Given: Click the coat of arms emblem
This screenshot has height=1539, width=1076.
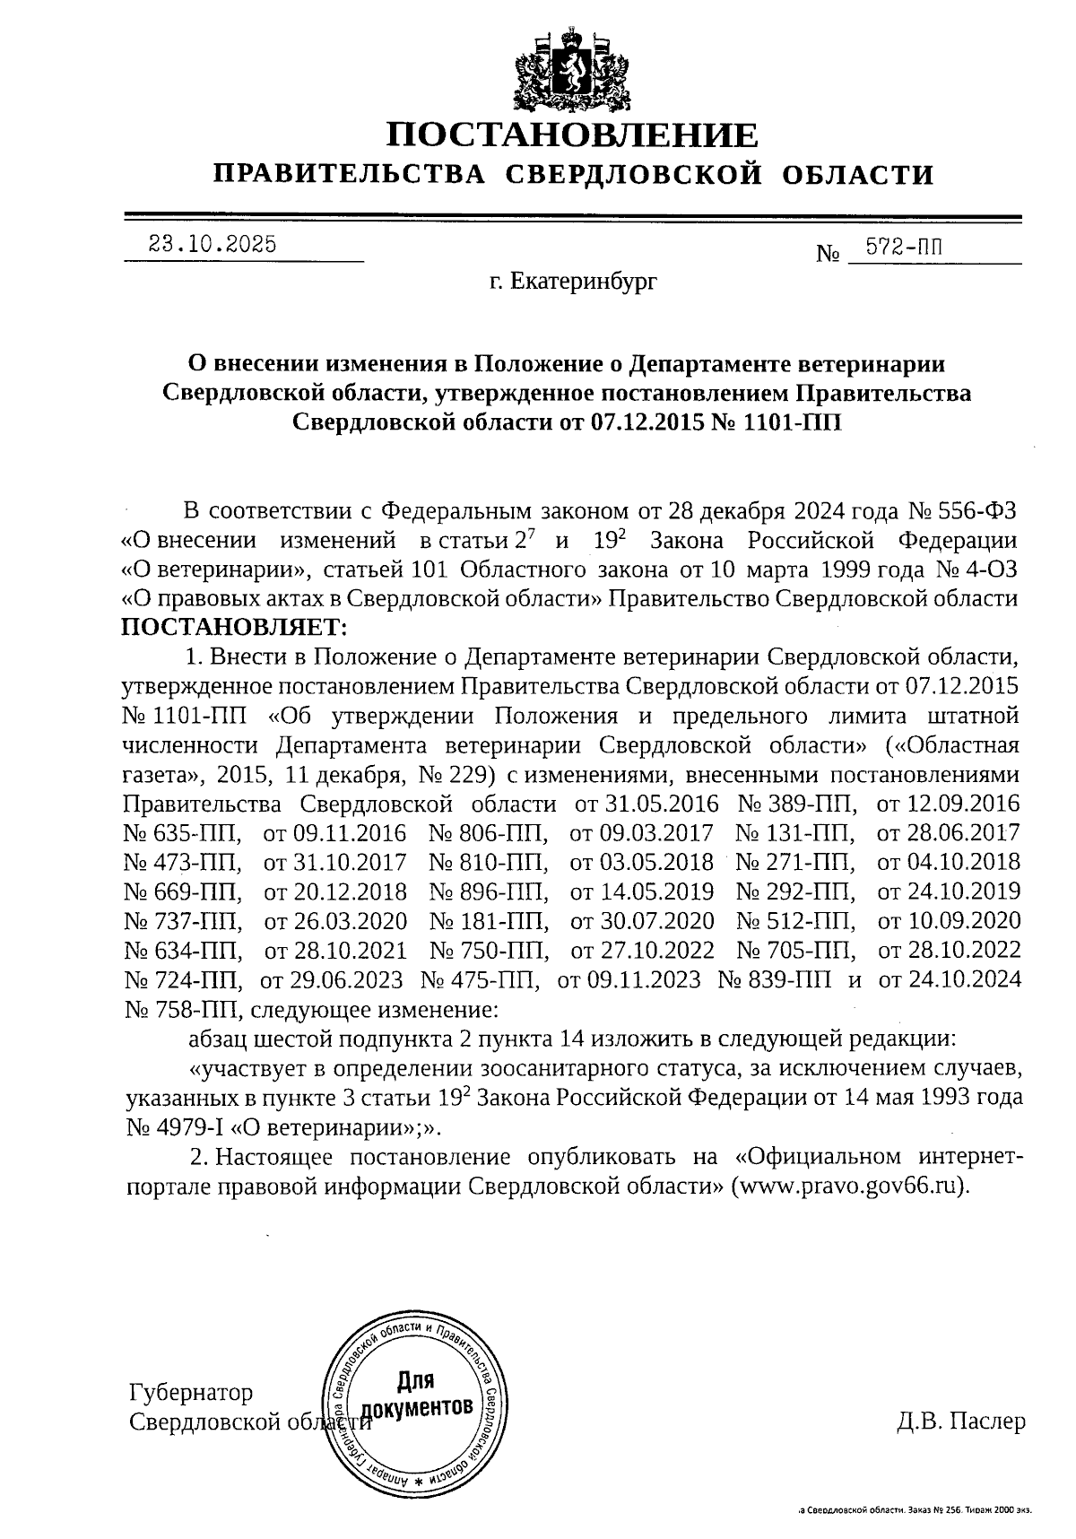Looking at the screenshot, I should click(x=571, y=69).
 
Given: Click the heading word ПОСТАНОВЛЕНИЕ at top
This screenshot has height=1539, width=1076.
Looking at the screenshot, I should click(x=572, y=135).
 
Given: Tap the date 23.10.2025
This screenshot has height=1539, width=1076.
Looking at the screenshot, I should click(x=213, y=244).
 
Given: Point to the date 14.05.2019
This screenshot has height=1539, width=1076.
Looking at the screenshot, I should click(x=642, y=891).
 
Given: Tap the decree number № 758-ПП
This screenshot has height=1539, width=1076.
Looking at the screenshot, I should click(x=184, y=1010).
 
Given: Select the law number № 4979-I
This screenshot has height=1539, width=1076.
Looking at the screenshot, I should click(x=180, y=1126).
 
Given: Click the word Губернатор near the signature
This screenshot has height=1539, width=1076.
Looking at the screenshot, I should click(x=191, y=1392).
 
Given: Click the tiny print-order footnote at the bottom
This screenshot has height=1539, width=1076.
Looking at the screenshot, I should click(x=915, y=1510).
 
